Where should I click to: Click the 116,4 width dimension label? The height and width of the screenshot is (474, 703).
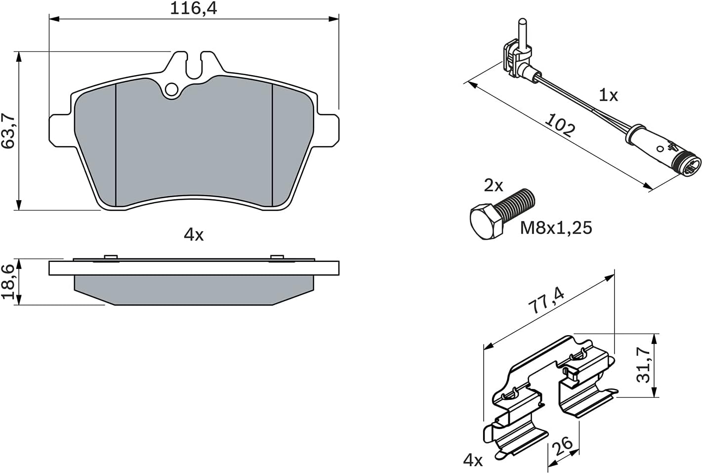click(x=193, y=8)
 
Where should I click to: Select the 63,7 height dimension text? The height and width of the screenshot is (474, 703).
click(x=8, y=131)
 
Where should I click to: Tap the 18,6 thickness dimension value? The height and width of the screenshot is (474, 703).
click(x=8, y=282)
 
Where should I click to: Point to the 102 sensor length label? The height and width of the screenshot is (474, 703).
click(x=560, y=125)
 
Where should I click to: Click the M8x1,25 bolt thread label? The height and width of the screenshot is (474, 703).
click(x=556, y=228)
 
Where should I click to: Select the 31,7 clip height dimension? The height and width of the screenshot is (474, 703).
click(x=643, y=365)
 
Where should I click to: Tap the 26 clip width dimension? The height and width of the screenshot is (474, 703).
click(x=562, y=446)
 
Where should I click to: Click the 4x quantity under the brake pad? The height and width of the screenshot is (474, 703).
click(x=194, y=234)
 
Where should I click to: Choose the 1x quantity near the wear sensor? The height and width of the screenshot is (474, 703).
click(x=608, y=95)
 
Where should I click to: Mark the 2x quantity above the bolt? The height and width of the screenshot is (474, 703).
click(x=494, y=185)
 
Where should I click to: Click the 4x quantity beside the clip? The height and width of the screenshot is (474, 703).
click(x=473, y=461)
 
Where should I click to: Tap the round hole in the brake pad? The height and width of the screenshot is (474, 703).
click(x=171, y=89)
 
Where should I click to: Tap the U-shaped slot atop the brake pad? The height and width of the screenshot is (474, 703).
click(x=194, y=65)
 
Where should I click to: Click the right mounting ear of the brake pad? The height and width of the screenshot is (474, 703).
click(x=328, y=130)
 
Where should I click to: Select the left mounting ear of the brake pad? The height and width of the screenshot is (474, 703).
click(x=61, y=130)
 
